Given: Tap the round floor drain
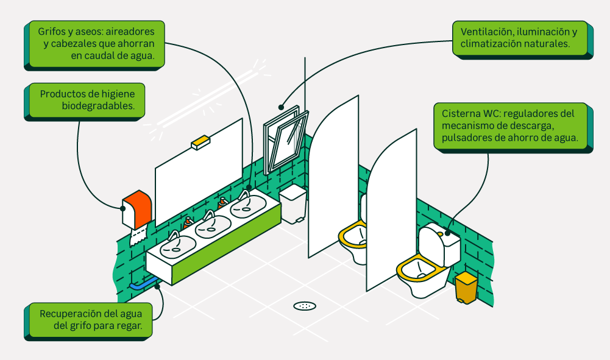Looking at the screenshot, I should [x=305, y=306].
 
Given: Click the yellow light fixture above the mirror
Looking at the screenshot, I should [x=200, y=144].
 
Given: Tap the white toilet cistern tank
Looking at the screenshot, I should [x=440, y=245].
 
